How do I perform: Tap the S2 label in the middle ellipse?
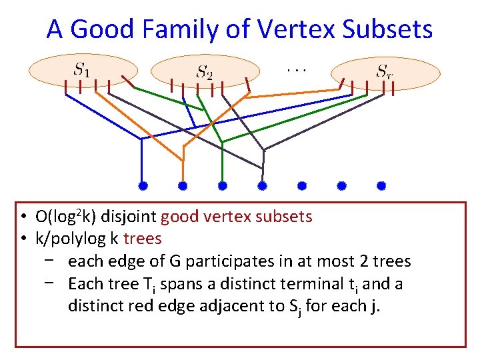204,71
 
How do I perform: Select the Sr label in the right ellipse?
385,71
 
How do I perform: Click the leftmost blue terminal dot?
142,185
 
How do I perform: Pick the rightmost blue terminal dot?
381,185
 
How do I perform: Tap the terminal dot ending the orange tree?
183,185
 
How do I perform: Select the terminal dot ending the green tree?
223,185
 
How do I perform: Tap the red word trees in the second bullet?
143,239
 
